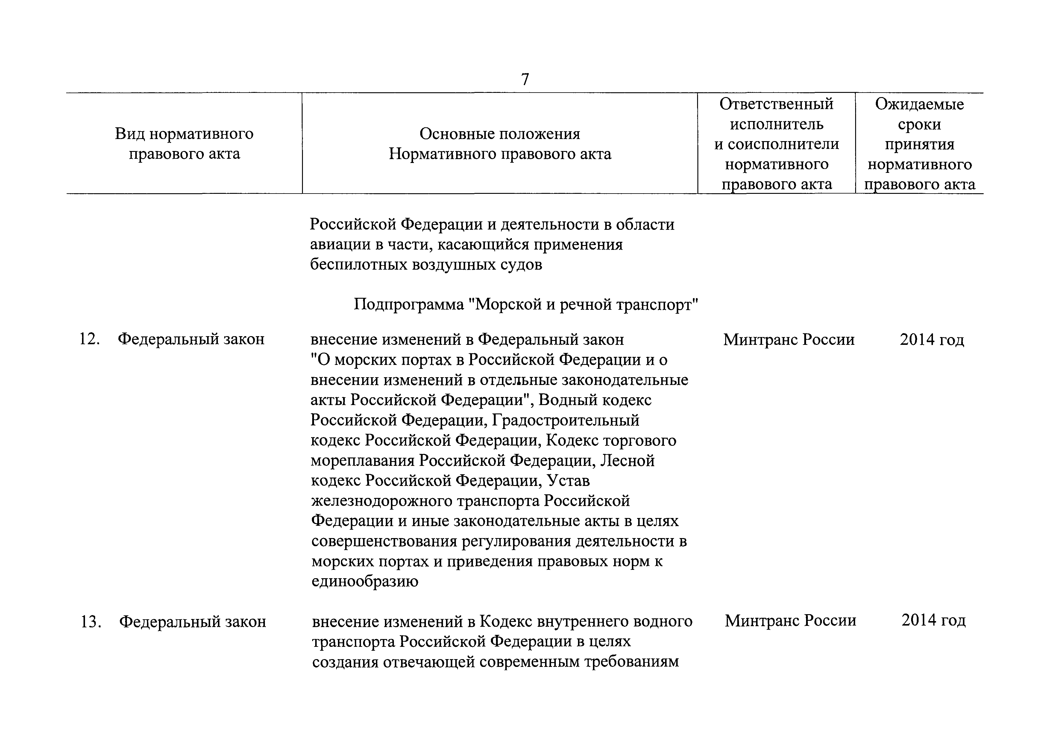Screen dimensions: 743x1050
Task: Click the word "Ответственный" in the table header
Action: [776, 104]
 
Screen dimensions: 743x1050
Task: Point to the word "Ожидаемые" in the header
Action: [919, 104]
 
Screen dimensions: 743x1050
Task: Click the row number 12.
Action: [89, 339]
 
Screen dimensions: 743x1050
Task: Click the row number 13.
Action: [91, 622]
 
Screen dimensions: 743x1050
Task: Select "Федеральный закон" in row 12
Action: [191, 339]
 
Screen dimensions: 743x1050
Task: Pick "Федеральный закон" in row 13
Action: [192, 622]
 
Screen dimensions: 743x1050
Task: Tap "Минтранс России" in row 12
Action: [789, 339]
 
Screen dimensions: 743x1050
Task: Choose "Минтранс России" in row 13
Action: [790, 620]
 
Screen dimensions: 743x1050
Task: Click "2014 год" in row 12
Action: [931, 339]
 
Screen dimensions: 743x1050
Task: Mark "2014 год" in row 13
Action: [933, 620]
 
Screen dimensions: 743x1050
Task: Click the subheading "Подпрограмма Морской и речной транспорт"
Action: [526, 304]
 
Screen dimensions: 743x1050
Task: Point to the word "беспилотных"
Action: [357, 265]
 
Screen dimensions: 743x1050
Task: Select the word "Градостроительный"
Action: [565, 420]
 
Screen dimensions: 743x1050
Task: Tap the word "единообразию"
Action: [365, 582]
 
